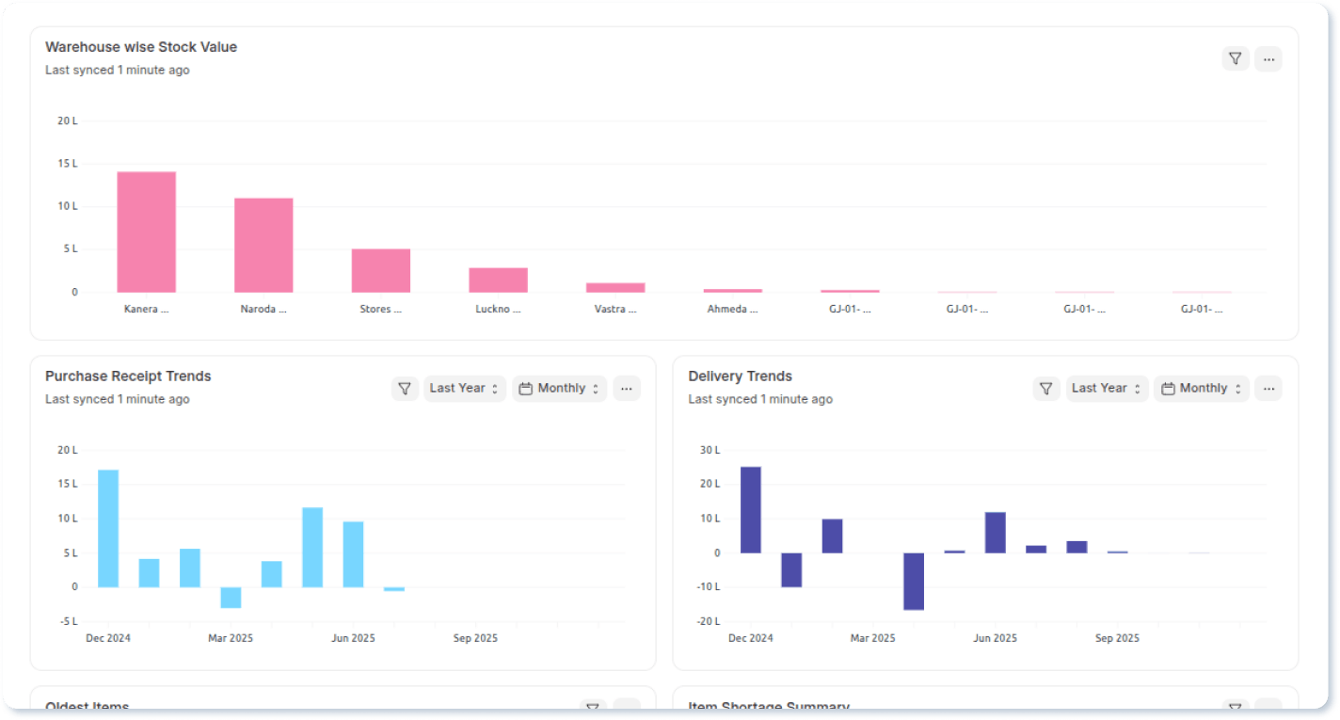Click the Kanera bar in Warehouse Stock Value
146,232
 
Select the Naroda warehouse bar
263,245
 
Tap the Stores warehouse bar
381,270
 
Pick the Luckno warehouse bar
498,280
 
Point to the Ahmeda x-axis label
732,309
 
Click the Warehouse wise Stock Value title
141,47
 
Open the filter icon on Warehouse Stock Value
1236,58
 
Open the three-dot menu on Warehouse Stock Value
1268,58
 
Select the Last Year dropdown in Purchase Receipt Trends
464,388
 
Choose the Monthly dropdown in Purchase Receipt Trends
559,388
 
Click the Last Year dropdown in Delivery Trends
1106,388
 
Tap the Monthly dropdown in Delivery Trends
1201,388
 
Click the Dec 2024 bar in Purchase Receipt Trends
108,528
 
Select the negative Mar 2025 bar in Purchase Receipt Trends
231,598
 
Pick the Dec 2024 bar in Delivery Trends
750,509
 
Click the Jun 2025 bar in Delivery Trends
996,533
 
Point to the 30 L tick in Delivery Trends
710,450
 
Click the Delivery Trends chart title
740,376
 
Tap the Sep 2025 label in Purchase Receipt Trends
475,638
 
